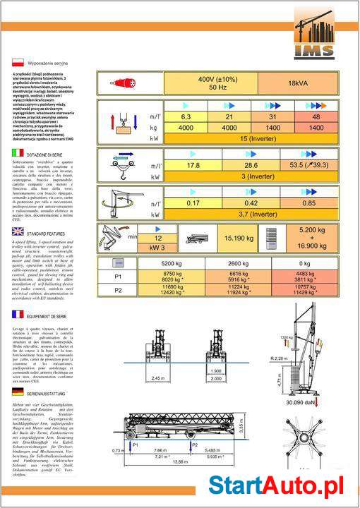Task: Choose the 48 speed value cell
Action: pos(316,116)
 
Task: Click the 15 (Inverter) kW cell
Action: pos(252,139)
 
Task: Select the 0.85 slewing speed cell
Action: pos(308,202)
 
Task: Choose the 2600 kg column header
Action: pos(241,263)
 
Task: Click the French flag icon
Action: pos(18,314)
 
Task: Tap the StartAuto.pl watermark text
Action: pos(282,485)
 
